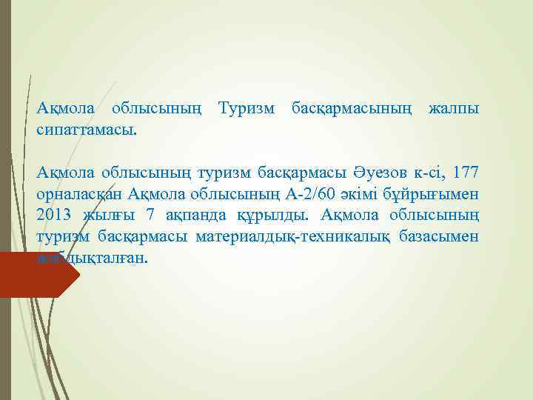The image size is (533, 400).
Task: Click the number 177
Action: point(466,173)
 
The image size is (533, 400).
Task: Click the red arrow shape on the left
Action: point(37,275)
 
